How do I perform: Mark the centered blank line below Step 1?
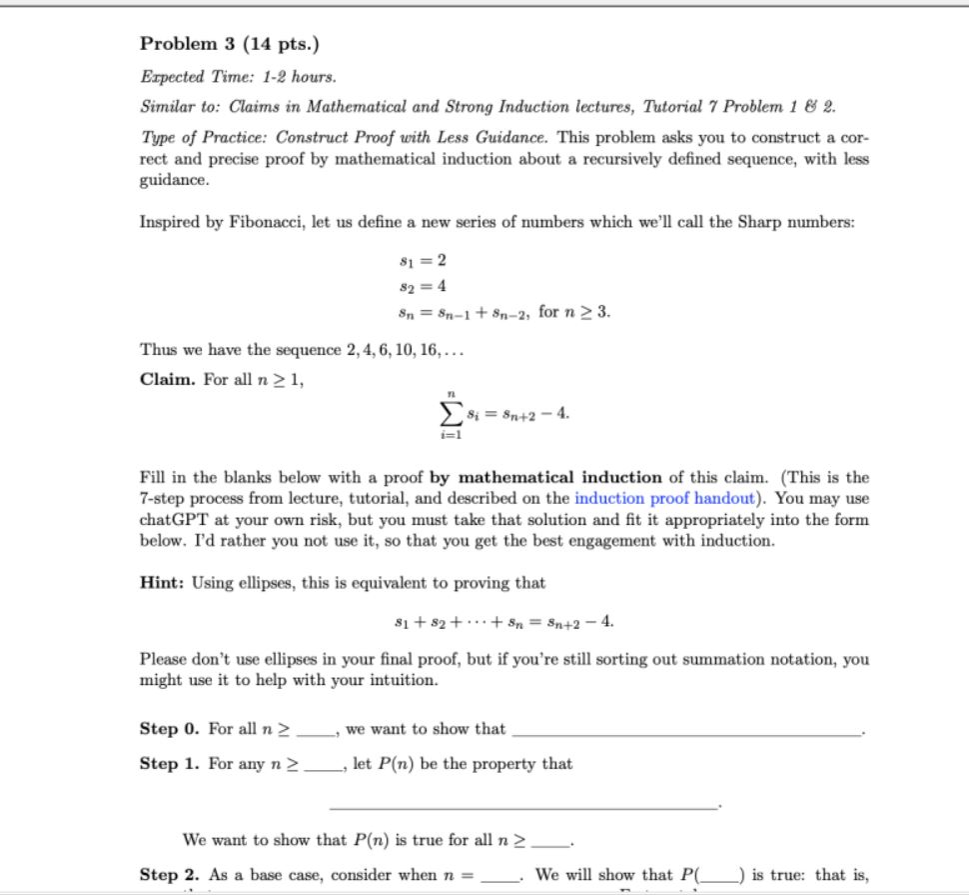pyautogui.click(x=522, y=806)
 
